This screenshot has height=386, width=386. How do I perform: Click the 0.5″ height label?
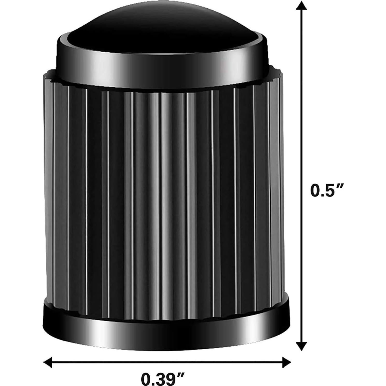(x=327, y=191)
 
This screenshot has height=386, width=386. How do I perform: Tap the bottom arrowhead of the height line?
(x=301, y=346)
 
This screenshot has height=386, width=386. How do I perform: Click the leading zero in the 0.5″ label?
(x=315, y=191)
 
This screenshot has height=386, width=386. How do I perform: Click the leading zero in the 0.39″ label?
(x=146, y=380)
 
